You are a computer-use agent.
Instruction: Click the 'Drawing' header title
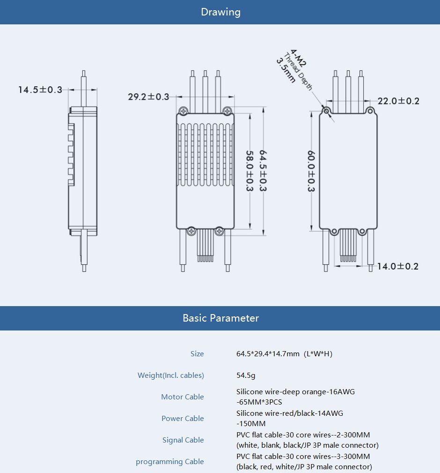click(x=220, y=12)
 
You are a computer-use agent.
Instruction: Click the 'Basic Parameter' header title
click(x=220, y=318)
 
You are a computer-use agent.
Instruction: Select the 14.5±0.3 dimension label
click(x=40, y=90)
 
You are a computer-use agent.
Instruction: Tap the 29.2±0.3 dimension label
click(x=148, y=97)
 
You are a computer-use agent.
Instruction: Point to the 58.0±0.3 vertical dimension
click(x=249, y=171)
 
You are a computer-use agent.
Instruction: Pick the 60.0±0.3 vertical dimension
click(x=311, y=171)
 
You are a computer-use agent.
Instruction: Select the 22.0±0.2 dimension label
click(x=398, y=101)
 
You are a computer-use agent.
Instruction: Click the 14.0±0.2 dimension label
click(x=398, y=266)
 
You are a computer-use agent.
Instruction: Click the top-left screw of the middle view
click(x=183, y=111)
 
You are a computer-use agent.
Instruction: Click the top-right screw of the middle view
click(x=227, y=111)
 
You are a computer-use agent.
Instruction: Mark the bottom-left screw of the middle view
click(x=191, y=231)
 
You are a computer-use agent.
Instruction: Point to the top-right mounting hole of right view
click(x=370, y=111)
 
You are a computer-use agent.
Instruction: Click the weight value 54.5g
click(x=246, y=375)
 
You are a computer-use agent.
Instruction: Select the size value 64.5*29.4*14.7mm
click(x=284, y=354)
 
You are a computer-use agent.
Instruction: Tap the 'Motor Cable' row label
click(x=183, y=397)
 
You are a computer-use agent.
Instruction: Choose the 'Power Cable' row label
click(x=183, y=419)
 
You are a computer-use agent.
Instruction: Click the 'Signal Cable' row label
click(x=183, y=440)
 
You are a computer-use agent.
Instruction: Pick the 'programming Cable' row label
click(x=170, y=462)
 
